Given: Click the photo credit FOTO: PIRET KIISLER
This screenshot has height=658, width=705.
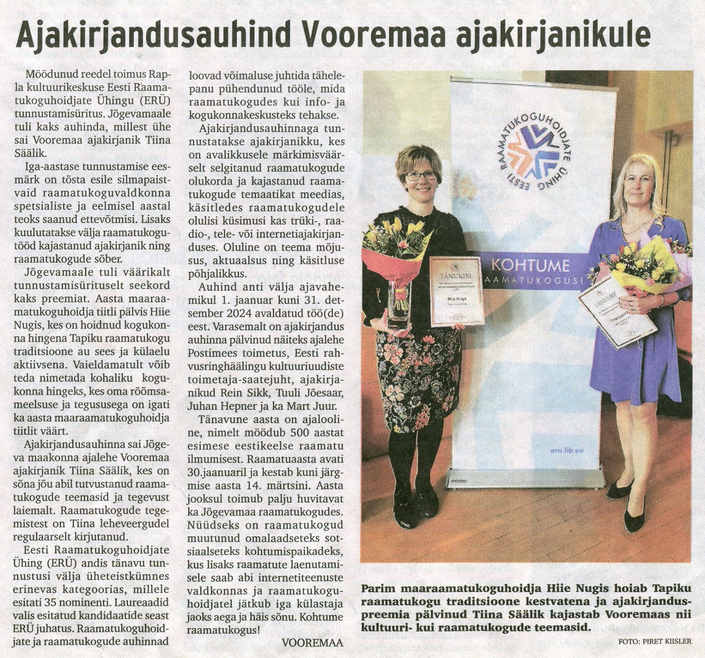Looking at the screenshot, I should coord(654,642).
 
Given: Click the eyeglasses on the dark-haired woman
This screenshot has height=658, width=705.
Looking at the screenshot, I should coord(420,176).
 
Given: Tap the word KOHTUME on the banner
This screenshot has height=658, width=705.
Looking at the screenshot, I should coord(530,265).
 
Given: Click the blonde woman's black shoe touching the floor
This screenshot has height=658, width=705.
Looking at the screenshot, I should coord(634,516).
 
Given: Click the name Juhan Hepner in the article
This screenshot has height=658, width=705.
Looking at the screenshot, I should coord(218,406).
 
